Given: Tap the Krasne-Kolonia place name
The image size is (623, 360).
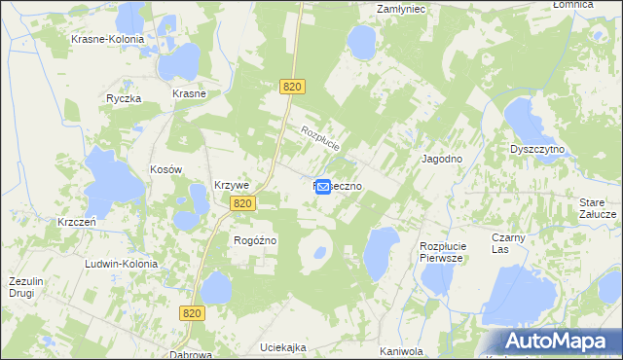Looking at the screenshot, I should [107, 40].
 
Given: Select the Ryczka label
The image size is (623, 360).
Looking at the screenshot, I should [125, 99].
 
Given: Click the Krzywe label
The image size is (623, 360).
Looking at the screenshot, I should [233, 186].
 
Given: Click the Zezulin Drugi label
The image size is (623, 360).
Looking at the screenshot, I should [27, 287].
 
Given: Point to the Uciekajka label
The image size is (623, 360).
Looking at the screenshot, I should [283, 347].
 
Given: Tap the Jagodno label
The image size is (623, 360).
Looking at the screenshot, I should [441, 158].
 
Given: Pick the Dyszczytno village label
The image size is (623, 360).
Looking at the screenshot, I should [539, 150].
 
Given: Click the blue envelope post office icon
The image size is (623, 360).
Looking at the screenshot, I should [323, 185].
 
